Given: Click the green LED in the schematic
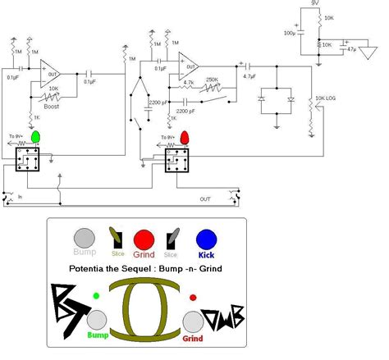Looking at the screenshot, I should click(37, 136).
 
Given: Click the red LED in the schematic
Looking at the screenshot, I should click(185, 136).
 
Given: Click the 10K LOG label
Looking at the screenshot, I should click(326, 99).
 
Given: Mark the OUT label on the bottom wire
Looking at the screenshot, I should click(205, 198).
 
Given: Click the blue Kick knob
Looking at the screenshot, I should click(206, 239).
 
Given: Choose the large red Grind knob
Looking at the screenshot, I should click(144, 239).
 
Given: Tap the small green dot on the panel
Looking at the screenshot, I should click(97, 296).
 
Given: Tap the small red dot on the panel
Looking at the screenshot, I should click(193, 297).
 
